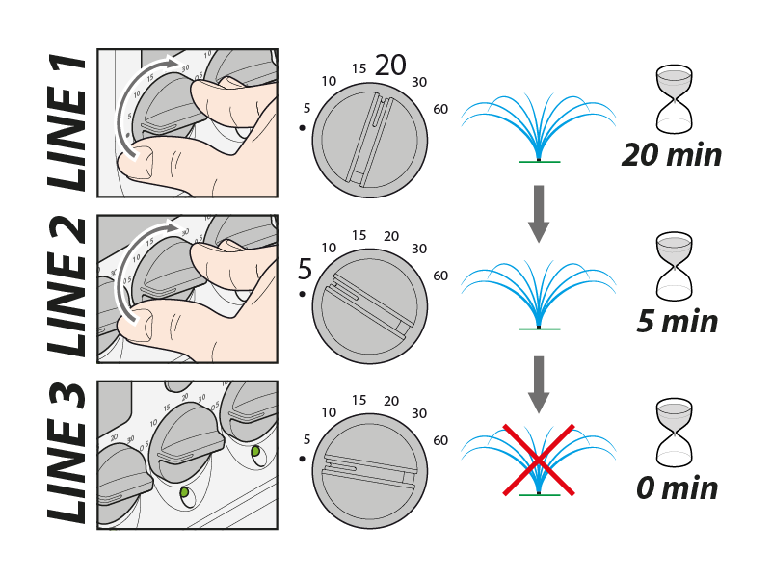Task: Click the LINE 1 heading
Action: (x=67, y=122)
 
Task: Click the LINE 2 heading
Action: (x=67, y=288)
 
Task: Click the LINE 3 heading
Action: (x=67, y=454)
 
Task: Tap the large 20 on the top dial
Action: (x=390, y=66)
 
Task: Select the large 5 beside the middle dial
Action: (x=305, y=269)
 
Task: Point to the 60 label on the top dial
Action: (x=440, y=109)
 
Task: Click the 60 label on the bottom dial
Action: (x=440, y=440)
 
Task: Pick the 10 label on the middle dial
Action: (x=328, y=248)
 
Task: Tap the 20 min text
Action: (x=672, y=154)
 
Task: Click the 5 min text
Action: (x=678, y=321)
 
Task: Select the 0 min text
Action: (x=678, y=487)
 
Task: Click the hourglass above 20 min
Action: (x=674, y=99)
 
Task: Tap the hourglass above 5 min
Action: (x=674, y=265)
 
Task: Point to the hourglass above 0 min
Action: (x=674, y=432)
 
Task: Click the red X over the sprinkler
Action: (x=538, y=459)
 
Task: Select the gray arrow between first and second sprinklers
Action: (x=539, y=213)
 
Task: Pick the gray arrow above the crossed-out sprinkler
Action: (x=539, y=381)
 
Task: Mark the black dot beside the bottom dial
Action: (x=303, y=460)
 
